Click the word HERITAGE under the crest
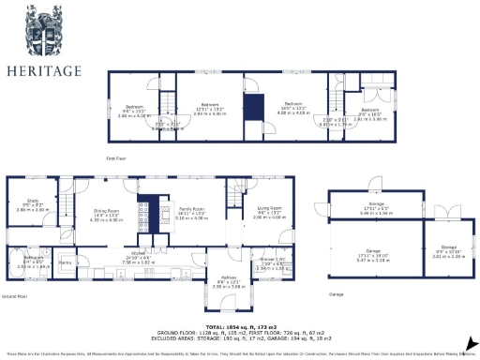tap(44, 70)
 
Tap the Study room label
tap(33, 201)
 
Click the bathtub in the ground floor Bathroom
tap(18, 265)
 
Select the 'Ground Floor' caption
tap(13, 296)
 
